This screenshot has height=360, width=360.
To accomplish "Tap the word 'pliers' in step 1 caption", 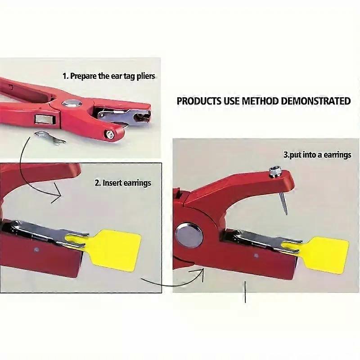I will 144,76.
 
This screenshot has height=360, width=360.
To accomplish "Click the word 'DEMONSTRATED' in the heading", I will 315,101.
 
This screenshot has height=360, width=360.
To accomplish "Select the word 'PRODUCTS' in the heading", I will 199,101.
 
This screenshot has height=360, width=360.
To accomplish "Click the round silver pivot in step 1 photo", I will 71,103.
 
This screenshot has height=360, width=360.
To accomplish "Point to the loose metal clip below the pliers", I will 49,138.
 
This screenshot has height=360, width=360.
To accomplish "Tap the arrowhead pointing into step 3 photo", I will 198,272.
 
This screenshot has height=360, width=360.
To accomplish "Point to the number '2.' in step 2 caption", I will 98,183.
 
